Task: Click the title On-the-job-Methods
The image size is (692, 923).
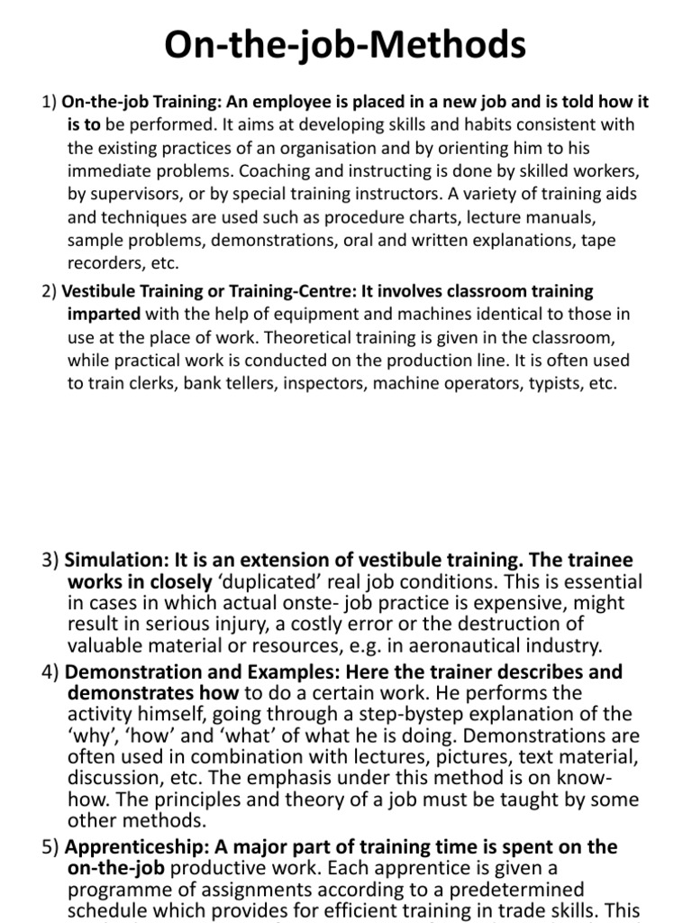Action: pos(345,42)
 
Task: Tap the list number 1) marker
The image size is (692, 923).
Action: pos(50,102)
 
